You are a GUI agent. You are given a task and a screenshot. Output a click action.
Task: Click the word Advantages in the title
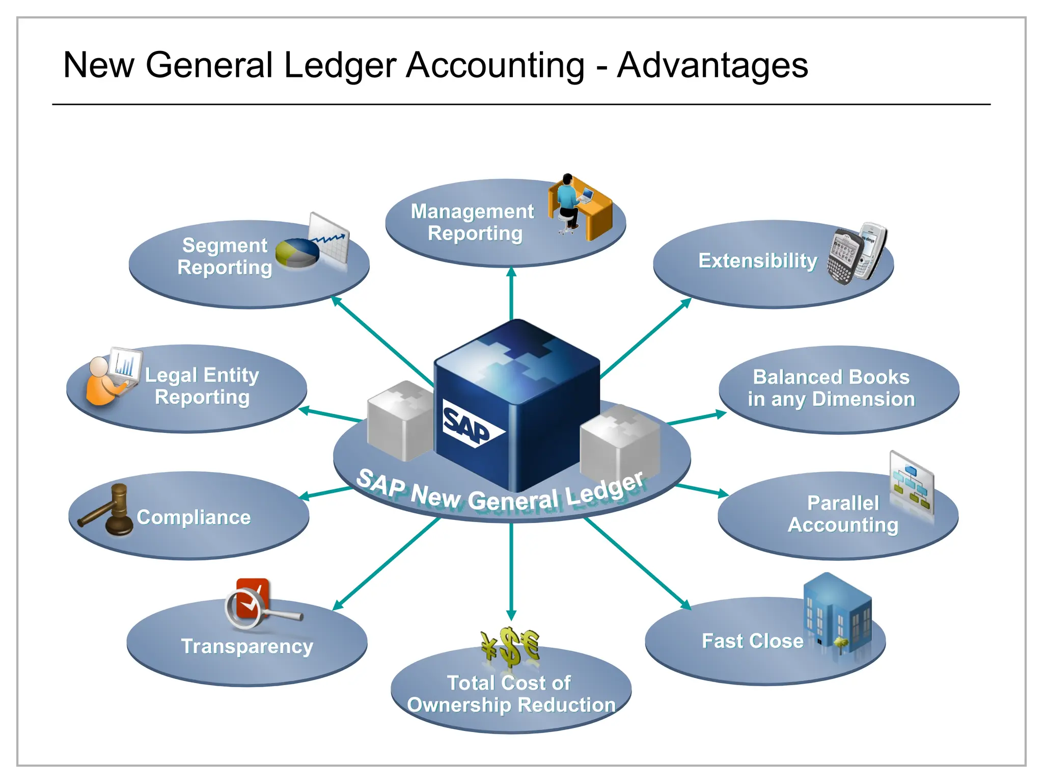712,65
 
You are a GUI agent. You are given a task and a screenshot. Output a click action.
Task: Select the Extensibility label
757,260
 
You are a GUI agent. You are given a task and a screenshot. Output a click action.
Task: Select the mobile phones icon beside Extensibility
857,253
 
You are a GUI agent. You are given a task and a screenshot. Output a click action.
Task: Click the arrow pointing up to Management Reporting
511,293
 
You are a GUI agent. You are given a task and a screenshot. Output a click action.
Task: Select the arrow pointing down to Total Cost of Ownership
511,571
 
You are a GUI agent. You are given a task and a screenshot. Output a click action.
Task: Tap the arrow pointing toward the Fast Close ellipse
637,563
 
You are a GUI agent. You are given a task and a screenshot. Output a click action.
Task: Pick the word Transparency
247,646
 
